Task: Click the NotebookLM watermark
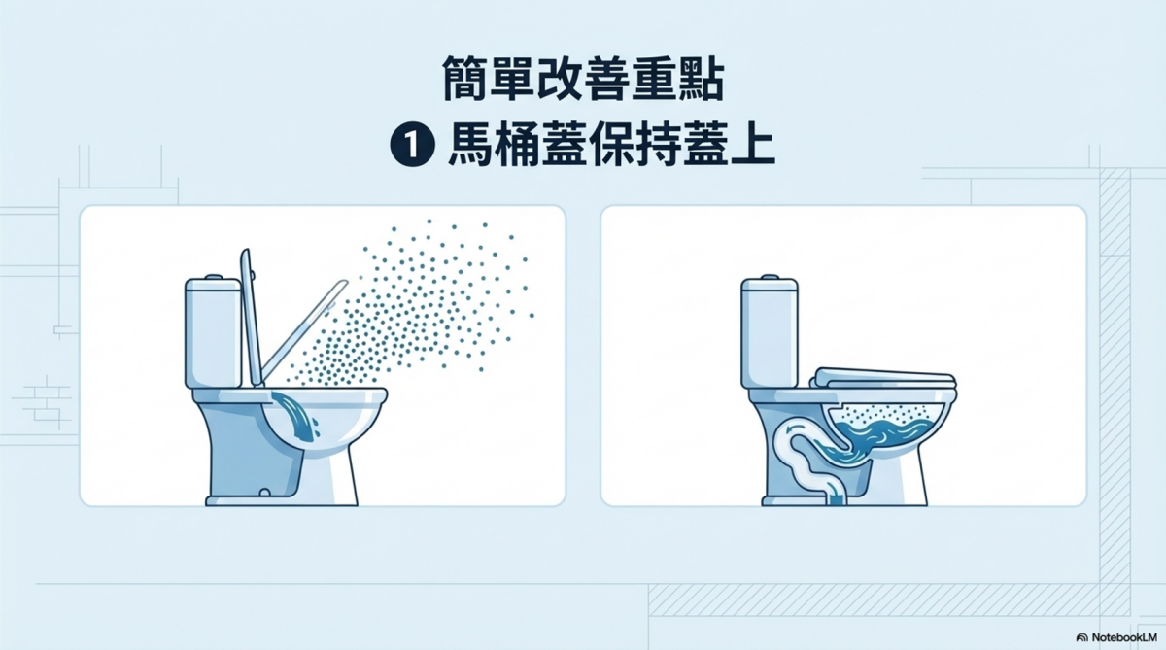click(1116, 637)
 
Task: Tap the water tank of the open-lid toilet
click(214, 333)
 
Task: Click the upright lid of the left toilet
click(251, 318)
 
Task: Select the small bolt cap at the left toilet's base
click(265, 493)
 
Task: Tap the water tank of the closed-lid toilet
click(770, 333)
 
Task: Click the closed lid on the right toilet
click(885, 377)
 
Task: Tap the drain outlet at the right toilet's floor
click(837, 498)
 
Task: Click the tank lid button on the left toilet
click(214, 277)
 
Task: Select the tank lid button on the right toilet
click(770, 277)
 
